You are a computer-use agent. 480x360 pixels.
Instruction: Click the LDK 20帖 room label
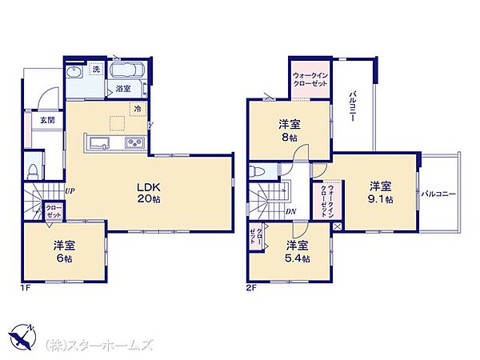pyautogui.click(x=149, y=193)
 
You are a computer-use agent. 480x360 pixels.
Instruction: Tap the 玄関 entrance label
pyautogui.click(x=48, y=120)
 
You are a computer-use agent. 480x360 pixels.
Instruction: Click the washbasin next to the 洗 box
pyautogui.click(x=74, y=73)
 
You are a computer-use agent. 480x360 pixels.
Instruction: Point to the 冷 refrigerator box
pyautogui.click(x=138, y=109)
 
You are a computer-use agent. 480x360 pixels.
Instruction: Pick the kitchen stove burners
pyautogui.click(x=135, y=142)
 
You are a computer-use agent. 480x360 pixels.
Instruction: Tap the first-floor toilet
pyautogui.click(x=32, y=172)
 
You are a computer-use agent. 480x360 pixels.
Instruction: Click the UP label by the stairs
pyautogui.click(x=70, y=191)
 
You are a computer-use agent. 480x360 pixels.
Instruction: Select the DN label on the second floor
pyautogui.click(x=290, y=211)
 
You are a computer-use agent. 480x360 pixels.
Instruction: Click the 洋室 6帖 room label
pyautogui.click(x=64, y=252)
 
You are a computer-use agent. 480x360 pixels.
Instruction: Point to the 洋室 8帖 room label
pyautogui.click(x=290, y=130)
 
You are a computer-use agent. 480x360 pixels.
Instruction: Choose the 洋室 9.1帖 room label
pyautogui.click(x=381, y=193)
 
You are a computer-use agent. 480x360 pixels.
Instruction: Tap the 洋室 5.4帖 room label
pyautogui.click(x=298, y=252)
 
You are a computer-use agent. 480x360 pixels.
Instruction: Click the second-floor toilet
pyautogui.click(x=255, y=171)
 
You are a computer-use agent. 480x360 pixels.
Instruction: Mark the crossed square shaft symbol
pyautogui.click(x=337, y=226)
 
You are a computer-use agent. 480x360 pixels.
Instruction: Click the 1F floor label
pyautogui.click(x=25, y=288)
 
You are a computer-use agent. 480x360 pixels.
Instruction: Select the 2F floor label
pyautogui.click(x=250, y=288)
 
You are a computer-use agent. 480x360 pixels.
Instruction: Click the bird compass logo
pyautogui.click(x=22, y=338)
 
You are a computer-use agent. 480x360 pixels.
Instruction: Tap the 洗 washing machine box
pyautogui.click(x=96, y=69)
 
